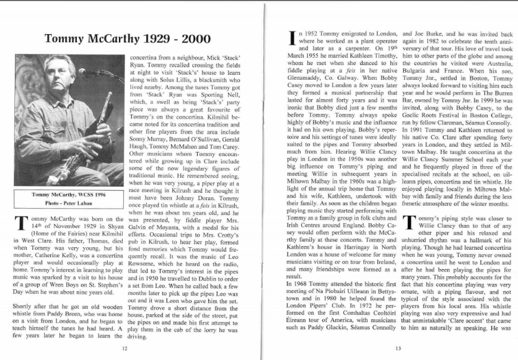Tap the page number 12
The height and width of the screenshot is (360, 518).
(x=126, y=348)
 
